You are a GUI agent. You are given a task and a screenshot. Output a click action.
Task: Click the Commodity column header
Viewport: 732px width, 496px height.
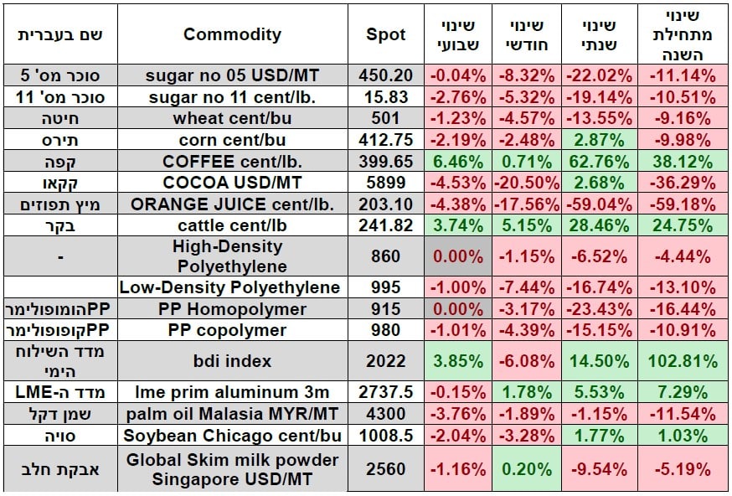(232, 34)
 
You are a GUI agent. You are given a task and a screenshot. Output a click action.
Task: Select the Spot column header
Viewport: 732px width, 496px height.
(386, 34)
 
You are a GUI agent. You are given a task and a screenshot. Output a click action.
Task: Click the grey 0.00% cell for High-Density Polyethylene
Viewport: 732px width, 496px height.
(458, 256)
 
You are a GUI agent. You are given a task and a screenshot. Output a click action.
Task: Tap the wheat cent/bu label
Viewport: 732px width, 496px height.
(232, 118)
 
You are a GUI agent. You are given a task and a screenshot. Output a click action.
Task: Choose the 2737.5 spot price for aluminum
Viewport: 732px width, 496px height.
(386, 391)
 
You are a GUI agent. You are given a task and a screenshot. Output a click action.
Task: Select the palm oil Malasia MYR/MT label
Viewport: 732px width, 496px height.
(232, 413)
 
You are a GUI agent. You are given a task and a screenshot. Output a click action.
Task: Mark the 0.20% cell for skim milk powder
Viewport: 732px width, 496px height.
(528, 469)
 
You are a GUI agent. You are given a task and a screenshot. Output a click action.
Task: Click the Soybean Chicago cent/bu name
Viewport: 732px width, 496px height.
(232, 435)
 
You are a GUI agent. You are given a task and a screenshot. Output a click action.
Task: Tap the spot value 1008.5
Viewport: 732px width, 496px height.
(386, 435)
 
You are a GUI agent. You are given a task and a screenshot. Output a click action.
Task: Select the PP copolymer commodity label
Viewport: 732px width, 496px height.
(232, 330)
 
